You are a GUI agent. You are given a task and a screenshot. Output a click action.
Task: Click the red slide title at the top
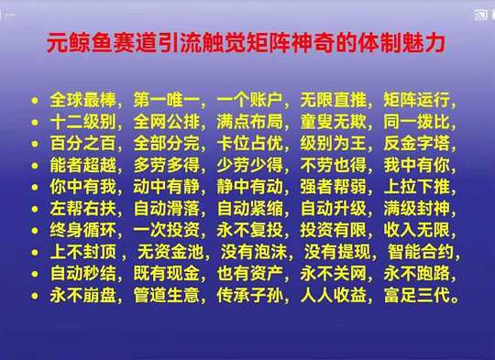pyautogui.click(x=246, y=42)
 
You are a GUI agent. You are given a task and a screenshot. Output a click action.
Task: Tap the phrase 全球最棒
pyautogui.click(x=83, y=100)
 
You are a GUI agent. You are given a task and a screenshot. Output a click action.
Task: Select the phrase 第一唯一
pyautogui.click(x=166, y=100)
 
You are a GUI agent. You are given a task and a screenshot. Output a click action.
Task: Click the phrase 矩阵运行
pyautogui.click(x=417, y=100)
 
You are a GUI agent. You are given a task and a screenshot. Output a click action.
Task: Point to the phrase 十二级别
pyautogui.click(x=83, y=122)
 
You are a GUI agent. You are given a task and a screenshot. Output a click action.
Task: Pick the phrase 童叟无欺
pyautogui.click(x=334, y=122)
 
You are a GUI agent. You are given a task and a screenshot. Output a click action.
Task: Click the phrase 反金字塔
pyautogui.click(x=417, y=144)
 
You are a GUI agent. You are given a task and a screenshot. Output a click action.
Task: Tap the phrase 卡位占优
pyautogui.click(x=249, y=144)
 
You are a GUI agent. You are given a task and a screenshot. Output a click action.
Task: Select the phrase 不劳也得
pyautogui.click(x=334, y=165)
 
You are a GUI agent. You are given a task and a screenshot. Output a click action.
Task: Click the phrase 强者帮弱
pyautogui.click(x=334, y=187)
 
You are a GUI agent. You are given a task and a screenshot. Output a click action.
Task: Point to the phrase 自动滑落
pyautogui.click(x=166, y=209)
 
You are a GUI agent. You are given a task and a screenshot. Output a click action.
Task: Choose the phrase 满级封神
pyautogui.click(x=417, y=209)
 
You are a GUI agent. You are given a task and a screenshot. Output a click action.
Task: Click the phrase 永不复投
pyautogui.click(x=249, y=230)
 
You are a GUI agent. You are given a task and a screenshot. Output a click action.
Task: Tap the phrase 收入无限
pyautogui.click(x=417, y=230)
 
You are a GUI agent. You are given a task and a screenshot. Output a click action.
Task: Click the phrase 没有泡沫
pyautogui.click(x=254, y=252)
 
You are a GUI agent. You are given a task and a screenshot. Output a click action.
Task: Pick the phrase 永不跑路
pyautogui.click(x=417, y=274)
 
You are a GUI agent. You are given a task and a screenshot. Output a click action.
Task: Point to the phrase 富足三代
pyautogui.click(x=417, y=296)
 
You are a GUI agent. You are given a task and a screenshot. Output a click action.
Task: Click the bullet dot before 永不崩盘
pyautogui.click(x=35, y=296)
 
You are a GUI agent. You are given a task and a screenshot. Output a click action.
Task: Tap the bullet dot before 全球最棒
pyautogui.click(x=35, y=101)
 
